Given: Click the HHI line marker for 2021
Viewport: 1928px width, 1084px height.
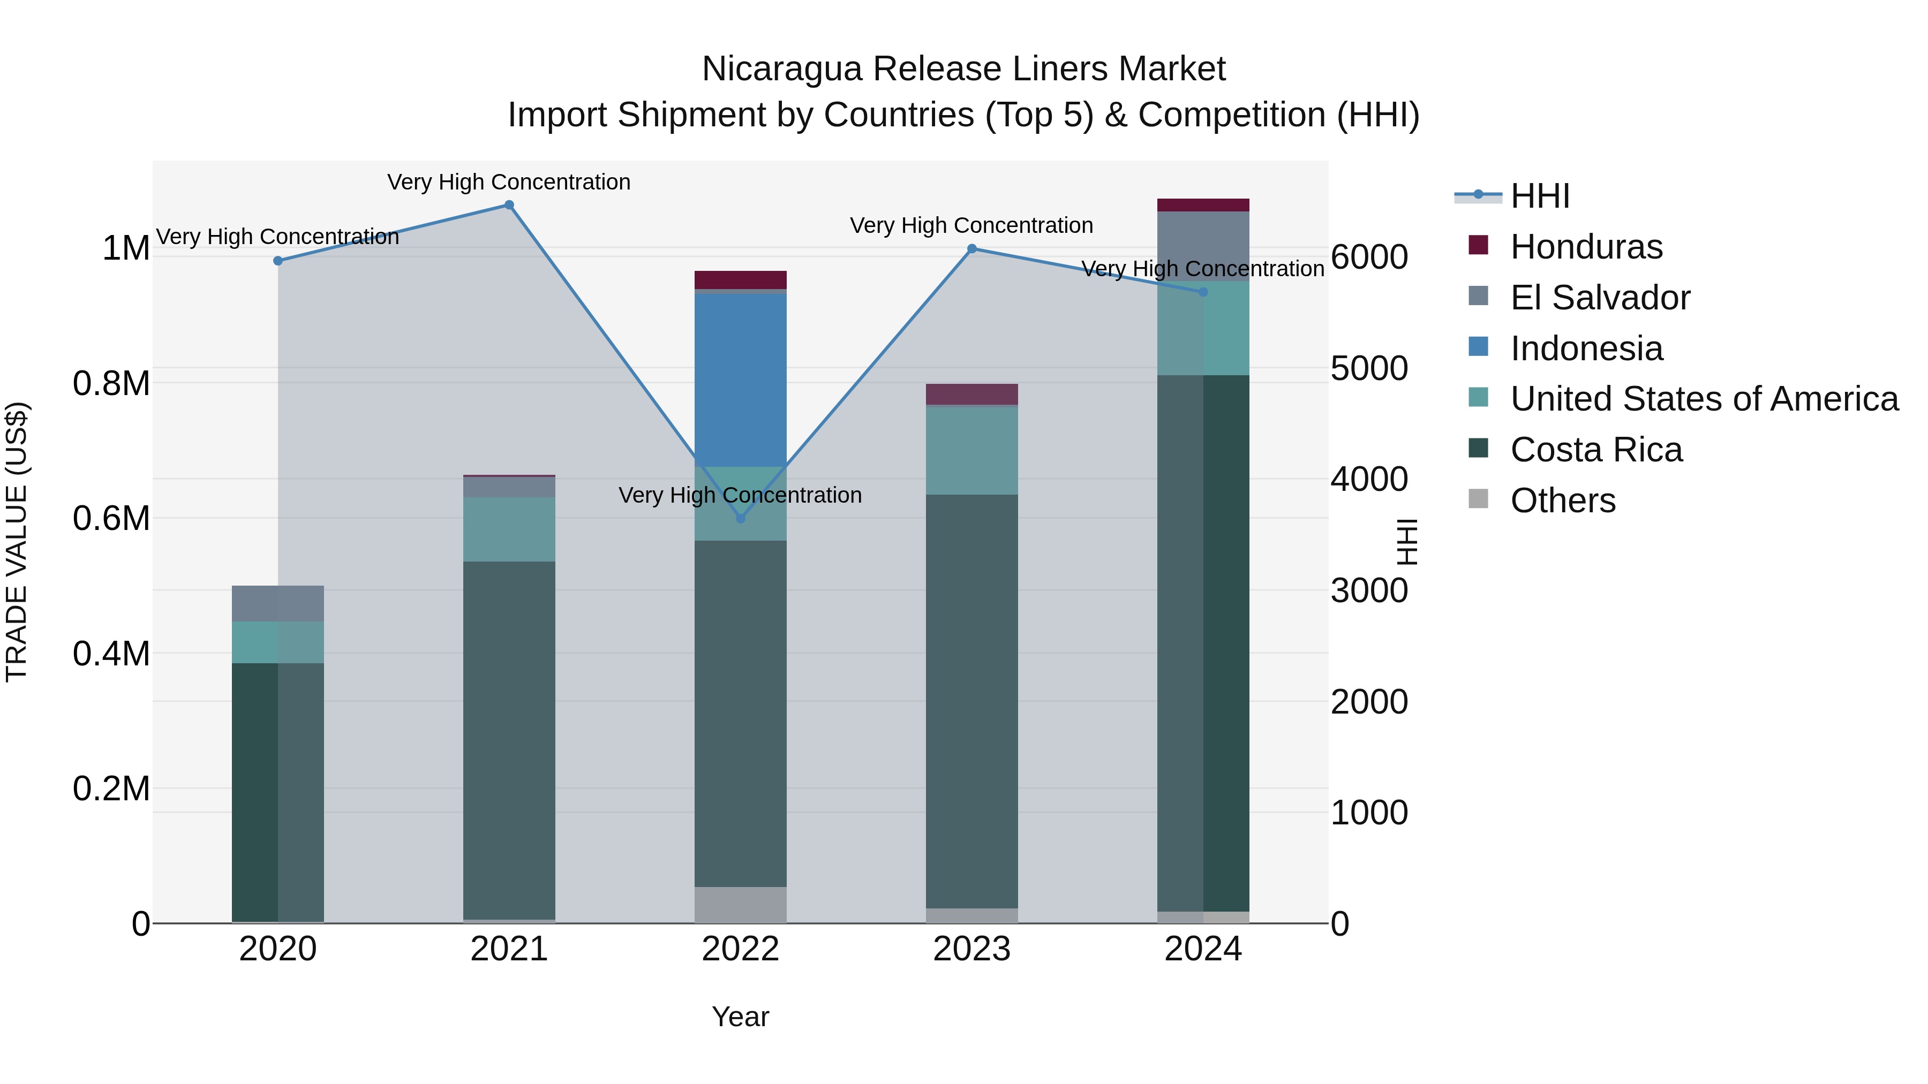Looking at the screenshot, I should pyautogui.click(x=509, y=205).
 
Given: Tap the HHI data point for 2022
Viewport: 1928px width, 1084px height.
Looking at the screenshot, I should pyautogui.click(x=740, y=518).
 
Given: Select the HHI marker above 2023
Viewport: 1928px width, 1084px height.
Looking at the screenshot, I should pyautogui.click(x=971, y=248).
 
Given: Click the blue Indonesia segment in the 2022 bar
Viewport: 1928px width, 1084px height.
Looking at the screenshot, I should pyautogui.click(x=740, y=380).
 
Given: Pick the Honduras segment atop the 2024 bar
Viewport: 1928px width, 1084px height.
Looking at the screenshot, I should pyautogui.click(x=1203, y=205).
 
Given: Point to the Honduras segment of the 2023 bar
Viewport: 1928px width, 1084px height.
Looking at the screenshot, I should pyautogui.click(x=971, y=394).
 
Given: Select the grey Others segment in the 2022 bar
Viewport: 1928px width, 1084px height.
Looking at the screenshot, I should pyautogui.click(x=740, y=905).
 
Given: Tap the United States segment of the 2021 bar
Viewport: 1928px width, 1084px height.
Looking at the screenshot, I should pyautogui.click(x=509, y=529).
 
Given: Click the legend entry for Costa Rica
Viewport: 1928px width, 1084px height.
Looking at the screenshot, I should pyautogui.click(x=1596, y=450).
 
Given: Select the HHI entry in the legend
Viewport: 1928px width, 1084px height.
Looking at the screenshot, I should pyautogui.click(x=1540, y=196).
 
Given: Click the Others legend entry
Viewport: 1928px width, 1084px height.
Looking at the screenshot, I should pyautogui.click(x=1562, y=501).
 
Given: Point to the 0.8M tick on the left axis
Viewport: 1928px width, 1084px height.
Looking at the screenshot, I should pyautogui.click(x=111, y=383).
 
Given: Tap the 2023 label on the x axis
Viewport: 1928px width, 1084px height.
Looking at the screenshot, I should pyautogui.click(x=971, y=949).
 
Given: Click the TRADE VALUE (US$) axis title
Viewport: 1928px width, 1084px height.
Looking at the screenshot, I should pyautogui.click(x=17, y=542).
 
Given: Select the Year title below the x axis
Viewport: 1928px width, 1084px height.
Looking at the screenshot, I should pyautogui.click(x=740, y=1017).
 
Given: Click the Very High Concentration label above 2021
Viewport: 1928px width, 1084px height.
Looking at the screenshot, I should pyautogui.click(x=509, y=182).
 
